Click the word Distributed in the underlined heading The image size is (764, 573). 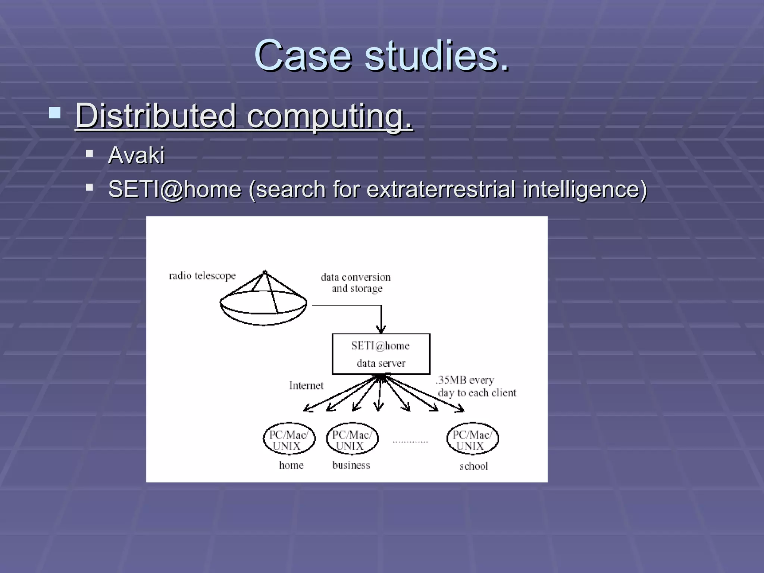coord(156,116)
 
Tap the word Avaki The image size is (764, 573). coord(136,155)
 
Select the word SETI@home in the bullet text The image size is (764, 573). coord(175,189)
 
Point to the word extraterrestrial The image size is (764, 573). coord(441,189)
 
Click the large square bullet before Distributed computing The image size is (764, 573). coord(55,113)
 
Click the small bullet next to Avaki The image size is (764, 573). coord(89,153)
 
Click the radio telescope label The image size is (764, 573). coord(202,276)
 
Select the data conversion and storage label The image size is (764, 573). coord(356,283)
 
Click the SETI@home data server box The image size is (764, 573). coord(381,354)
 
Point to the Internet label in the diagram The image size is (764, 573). coord(306,385)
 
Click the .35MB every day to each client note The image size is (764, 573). coord(476,386)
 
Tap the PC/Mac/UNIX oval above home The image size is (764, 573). coord(289,439)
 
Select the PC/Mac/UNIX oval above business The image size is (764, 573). coord(352,439)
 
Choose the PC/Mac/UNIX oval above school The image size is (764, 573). coord(472,439)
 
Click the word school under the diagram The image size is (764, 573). coord(473,466)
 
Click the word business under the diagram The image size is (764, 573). coord(351,465)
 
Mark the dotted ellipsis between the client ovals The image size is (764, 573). coord(410,442)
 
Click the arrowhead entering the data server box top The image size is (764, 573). coord(381,329)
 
